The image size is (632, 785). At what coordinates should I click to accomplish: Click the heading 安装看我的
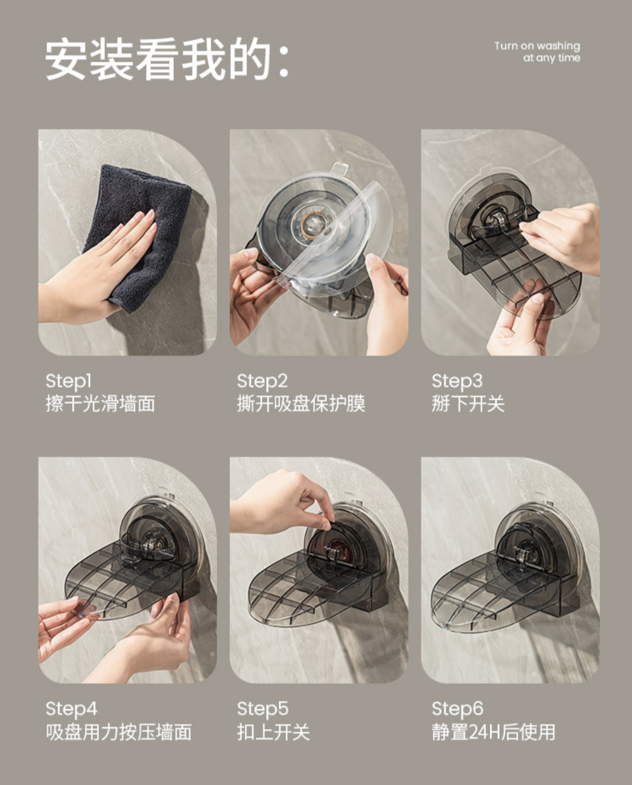tap(166, 60)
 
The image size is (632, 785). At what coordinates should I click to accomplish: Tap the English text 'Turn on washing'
tap(537, 46)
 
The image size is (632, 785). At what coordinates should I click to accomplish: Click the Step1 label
tap(69, 381)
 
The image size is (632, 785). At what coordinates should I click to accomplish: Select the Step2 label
tap(262, 381)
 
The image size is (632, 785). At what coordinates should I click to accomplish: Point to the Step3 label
tap(457, 381)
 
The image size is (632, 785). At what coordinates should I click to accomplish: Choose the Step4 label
tap(71, 708)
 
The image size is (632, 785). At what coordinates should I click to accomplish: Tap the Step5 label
tap(262, 708)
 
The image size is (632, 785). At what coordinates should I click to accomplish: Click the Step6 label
tap(457, 708)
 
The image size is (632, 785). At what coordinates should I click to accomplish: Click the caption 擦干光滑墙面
tap(100, 403)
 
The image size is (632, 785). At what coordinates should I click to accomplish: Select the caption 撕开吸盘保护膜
tap(301, 403)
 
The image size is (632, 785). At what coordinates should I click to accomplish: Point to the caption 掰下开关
tap(468, 403)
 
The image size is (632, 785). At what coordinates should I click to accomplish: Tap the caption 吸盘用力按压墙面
tap(119, 732)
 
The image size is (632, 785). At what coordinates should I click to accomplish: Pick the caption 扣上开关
tap(273, 732)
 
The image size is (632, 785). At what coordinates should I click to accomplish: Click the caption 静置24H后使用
tap(493, 732)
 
